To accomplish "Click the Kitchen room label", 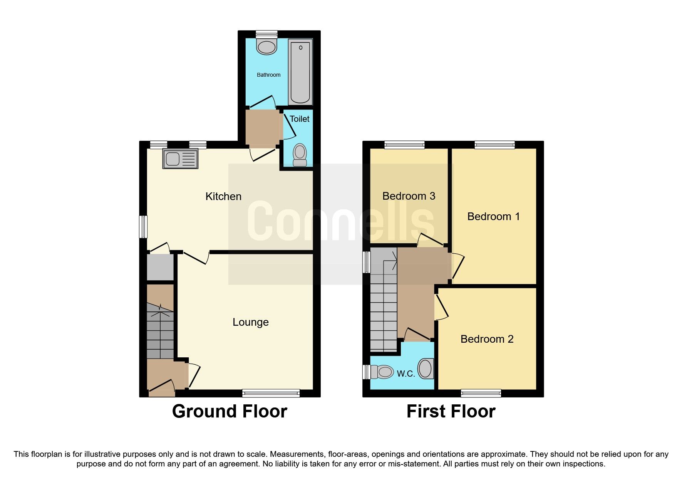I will tap(223, 197).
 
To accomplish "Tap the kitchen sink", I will tap(180, 159).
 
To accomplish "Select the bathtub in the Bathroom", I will tap(300, 72).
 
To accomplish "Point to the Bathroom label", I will tap(268, 75).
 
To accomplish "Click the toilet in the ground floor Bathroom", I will tap(266, 45).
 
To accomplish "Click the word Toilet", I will tap(299, 119).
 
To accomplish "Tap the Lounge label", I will tap(250, 322).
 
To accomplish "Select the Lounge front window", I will tap(271, 393).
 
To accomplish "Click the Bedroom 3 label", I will tap(409, 196).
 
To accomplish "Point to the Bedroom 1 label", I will tap(493, 217).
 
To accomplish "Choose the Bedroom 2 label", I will tap(487, 339).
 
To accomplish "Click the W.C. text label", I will tap(406, 374).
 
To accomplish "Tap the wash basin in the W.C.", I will tap(426, 369).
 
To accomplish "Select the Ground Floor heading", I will tap(230, 411).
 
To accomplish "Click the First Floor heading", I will tap(451, 411).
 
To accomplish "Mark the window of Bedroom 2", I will tap(481, 393).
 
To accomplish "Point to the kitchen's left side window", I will tap(143, 227).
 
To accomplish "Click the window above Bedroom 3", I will tap(404, 145).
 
